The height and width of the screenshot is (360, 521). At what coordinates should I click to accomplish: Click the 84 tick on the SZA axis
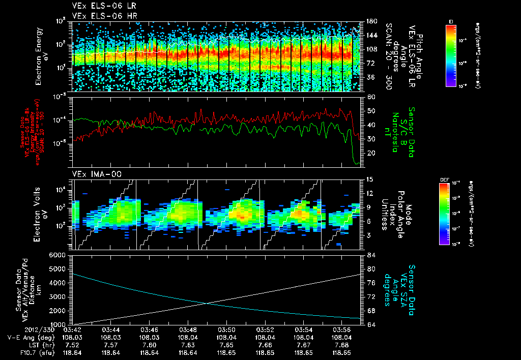(371, 255)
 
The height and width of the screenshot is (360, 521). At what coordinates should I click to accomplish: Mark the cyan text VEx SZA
(405, 285)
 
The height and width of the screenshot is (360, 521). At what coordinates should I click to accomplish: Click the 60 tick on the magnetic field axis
(371, 97)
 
